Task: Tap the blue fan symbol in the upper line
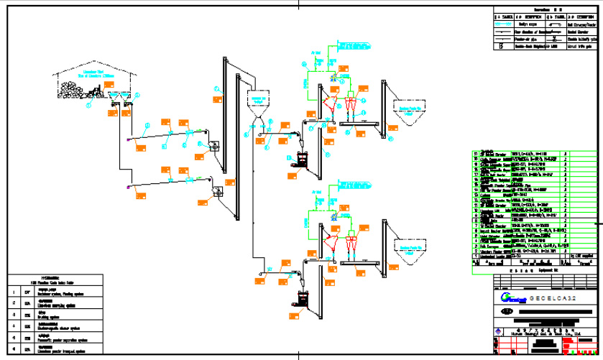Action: pyautogui.click(x=333, y=75)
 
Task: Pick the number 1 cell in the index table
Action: pyautogui.click(x=12, y=292)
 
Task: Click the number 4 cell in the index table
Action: pyautogui.click(x=12, y=326)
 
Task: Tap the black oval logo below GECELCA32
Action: pyautogui.click(x=507, y=312)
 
